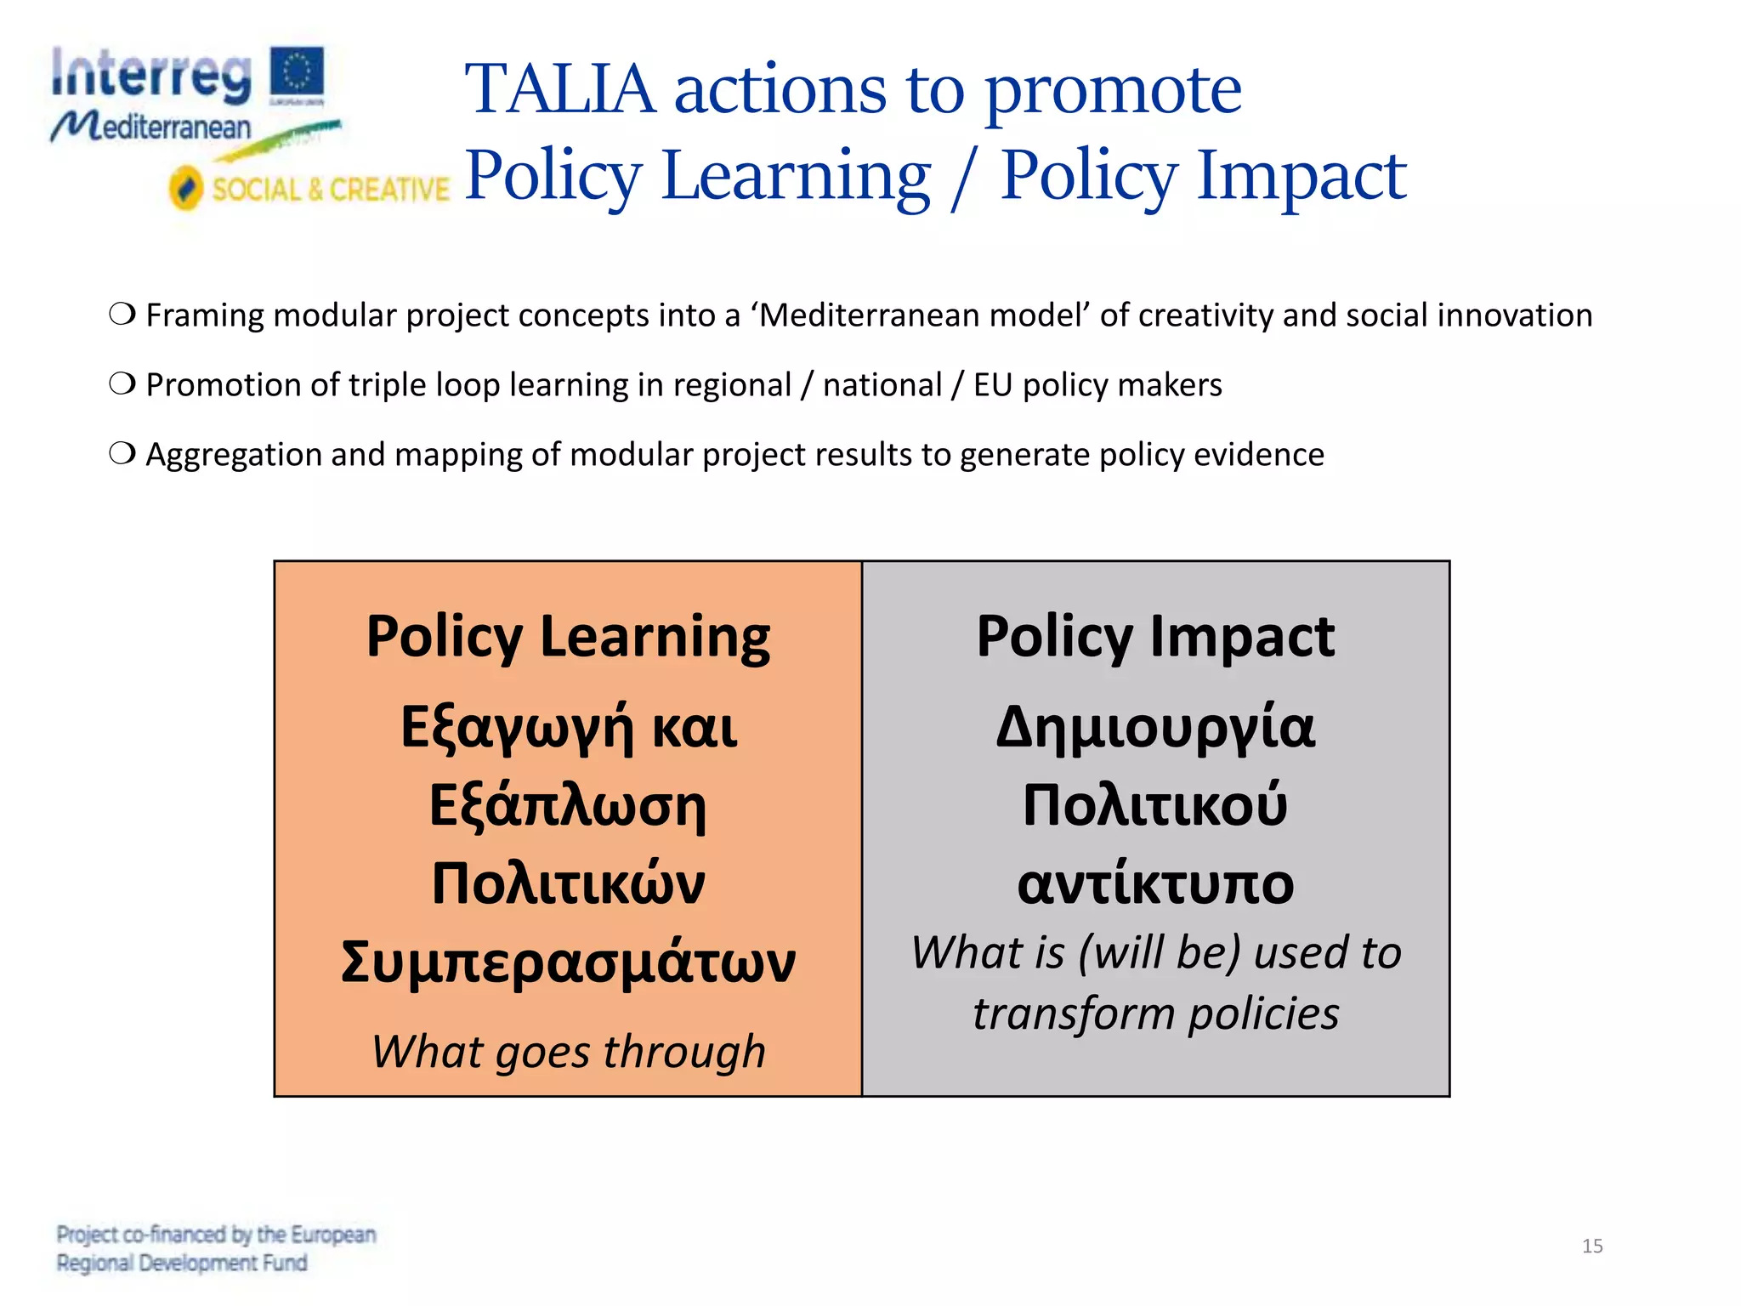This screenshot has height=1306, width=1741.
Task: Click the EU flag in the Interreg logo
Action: coord(297,73)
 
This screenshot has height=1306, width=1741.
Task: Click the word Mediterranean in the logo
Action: coord(151,128)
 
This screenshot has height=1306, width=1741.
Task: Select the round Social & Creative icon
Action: coord(186,188)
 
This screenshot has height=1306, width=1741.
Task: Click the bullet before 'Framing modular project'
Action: coord(122,315)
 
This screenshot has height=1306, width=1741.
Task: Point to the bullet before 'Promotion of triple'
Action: coord(122,384)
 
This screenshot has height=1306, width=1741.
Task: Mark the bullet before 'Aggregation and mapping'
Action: coord(122,454)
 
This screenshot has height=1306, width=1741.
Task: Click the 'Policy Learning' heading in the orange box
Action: coord(568,637)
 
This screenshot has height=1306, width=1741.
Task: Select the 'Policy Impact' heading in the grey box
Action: coord(1155,637)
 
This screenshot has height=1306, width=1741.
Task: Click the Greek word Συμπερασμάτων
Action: coord(568,962)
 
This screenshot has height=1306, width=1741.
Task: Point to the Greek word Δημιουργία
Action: coord(1155,728)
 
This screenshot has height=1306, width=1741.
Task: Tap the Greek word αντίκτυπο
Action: coord(1155,884)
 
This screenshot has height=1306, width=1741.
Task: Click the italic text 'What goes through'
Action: coord(568,1052)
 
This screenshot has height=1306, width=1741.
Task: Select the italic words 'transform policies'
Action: coord(1155,1014)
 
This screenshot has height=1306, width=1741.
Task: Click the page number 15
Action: coord(1592,1246)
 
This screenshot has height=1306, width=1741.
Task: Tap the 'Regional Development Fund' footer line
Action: coord(182,1263)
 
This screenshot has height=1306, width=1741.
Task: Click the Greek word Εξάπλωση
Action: coord(568,806)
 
